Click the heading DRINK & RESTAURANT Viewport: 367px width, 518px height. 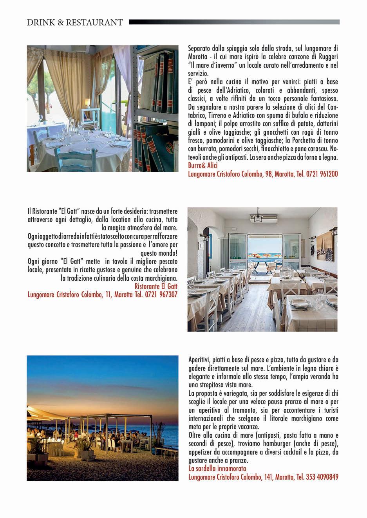tap(74, 22)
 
